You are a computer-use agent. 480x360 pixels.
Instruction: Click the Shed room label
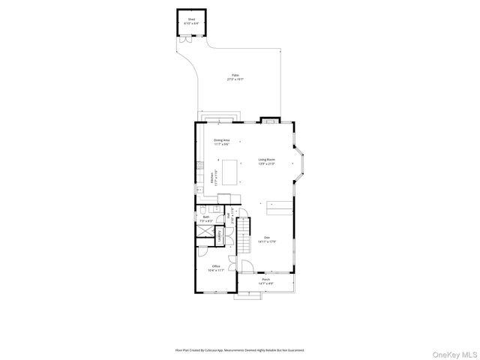(190, 22)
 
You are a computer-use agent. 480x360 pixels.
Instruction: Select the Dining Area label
(221, 142)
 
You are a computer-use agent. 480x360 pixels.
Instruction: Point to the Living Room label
(266, 161)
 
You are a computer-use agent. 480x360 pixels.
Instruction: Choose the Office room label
(215, 268)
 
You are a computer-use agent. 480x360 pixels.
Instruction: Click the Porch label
(265, 282)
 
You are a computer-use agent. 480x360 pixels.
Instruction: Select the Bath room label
(205, 220)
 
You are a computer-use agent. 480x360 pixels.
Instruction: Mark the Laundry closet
(220, 235)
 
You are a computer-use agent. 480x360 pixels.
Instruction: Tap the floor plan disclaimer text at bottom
(240, 349)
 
